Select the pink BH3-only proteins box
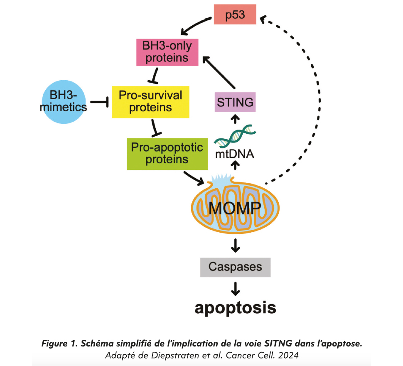tap(168, 52)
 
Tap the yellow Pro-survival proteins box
tap(150, 101)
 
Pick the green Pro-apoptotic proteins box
tap(167, 153)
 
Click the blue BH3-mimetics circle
tap(64, 102)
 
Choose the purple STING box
tap(235, 101)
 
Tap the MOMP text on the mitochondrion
tap(235, 206)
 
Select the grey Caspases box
tap(235, 267)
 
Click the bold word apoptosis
tap(235, 308)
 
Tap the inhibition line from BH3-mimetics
tap(100, 102)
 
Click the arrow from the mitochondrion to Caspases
tap(236, 245)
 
